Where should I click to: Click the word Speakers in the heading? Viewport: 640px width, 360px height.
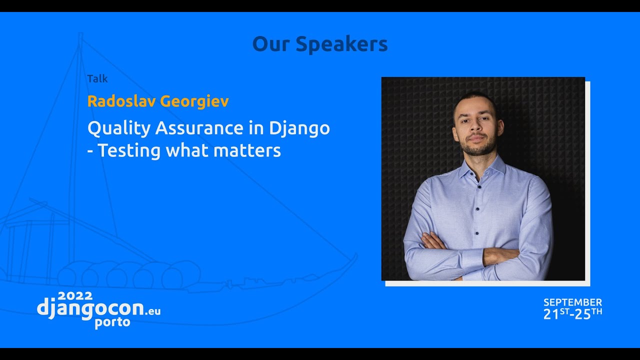pos(341,44)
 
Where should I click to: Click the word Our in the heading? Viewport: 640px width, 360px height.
pos(271,44)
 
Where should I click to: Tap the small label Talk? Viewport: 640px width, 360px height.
pos(97,78)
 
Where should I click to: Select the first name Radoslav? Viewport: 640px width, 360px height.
pos(121,101)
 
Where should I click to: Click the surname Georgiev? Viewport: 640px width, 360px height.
pos(194,101)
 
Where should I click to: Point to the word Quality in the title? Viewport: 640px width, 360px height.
pos(118,128)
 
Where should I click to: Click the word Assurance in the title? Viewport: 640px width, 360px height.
pos(199,128)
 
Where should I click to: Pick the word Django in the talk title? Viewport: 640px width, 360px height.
pos(299,128)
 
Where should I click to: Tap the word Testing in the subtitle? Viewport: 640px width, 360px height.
pos(129,150)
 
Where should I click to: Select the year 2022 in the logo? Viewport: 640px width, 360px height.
pos(75,295)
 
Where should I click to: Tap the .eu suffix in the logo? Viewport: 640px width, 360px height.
pos(153,311)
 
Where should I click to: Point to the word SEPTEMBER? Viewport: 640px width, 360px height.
pos(572,302)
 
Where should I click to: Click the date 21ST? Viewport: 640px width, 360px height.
pos(556,314)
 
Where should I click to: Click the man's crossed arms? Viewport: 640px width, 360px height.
pos(475,250)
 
